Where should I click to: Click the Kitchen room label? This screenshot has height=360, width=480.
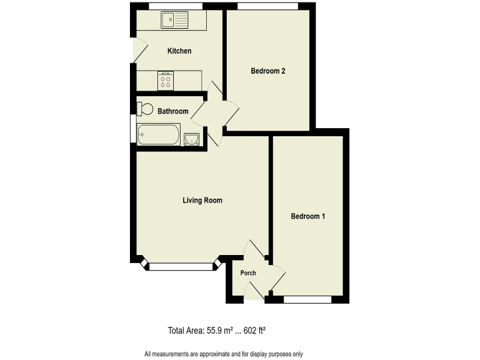[x=179, y=51]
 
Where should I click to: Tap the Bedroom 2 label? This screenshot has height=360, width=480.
[x=268, y=71]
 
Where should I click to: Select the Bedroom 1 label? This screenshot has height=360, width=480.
[x=308, y=217]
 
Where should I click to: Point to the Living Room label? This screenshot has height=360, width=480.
[x=202, y=201]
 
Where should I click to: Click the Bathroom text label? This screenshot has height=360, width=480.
[x=172, y=112]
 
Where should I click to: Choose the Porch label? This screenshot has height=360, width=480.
[x=248, y=273]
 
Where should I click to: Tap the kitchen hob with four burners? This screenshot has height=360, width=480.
[x=166, y=81]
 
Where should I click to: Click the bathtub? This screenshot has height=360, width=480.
[x=159, y=134]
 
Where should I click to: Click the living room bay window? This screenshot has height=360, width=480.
[x=181, y=267]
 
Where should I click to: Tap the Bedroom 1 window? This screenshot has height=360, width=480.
[x=307, y=300]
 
